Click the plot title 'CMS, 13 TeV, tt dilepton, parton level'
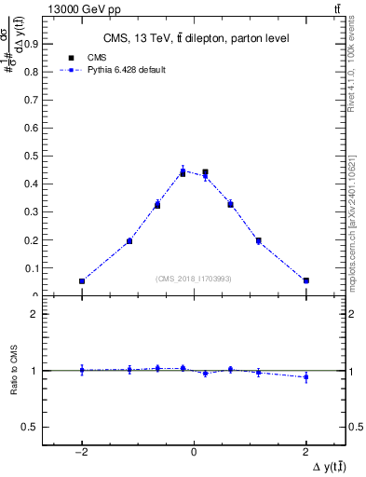[194, 38]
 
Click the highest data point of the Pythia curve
[183, 170]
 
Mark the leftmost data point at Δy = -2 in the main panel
[82, 280]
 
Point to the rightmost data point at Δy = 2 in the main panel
[305, 280]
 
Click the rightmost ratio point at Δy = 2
[305, 377]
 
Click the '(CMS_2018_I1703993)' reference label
[194, 278]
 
